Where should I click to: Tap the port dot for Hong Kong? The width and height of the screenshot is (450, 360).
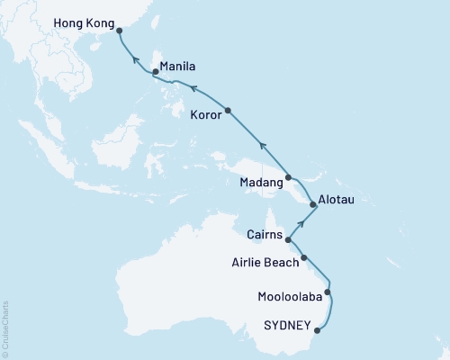coord(120,31)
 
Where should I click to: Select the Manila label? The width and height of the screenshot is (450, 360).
coord(178,67)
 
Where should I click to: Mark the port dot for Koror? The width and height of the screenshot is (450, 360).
coord(229,111)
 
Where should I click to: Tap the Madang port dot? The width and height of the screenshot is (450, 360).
coord(288,178)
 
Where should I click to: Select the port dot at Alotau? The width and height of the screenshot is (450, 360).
coord(313,206)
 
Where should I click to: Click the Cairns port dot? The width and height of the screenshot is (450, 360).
coord(288,240)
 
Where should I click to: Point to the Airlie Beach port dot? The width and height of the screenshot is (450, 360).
coord(304,258)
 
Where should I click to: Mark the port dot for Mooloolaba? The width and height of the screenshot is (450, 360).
coord(328,292)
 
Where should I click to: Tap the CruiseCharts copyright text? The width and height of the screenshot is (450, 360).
coord(5,329)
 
